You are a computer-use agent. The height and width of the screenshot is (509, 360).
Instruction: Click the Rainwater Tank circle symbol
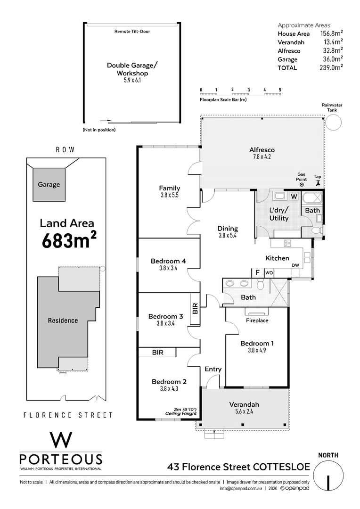tap(334, 122)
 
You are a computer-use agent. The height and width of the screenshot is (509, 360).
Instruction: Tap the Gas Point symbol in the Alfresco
tap(302, 185)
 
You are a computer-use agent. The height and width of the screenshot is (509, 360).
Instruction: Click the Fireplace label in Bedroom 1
tap(257, 320)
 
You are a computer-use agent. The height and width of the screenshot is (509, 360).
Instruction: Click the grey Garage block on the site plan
tap(49, 184)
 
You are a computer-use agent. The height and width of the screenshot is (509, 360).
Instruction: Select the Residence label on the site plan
tap(63, 320)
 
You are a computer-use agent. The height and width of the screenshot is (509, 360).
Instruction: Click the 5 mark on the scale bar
tap(280, 90)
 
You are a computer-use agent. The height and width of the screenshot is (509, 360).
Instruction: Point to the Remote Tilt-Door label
tap(132, 32)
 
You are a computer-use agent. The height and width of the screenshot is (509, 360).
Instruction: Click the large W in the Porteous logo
tap(61, 440)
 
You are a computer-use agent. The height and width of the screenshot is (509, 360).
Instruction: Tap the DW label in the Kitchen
tap(295, 265)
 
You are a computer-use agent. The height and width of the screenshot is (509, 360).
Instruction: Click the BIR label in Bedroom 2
tap(157, 352)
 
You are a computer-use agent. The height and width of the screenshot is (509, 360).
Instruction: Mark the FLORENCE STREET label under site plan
tap(68, 415)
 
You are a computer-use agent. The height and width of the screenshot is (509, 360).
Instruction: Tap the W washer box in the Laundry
tap(294, 196)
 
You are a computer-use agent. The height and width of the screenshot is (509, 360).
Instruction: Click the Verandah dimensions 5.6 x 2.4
tap(244, 412)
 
